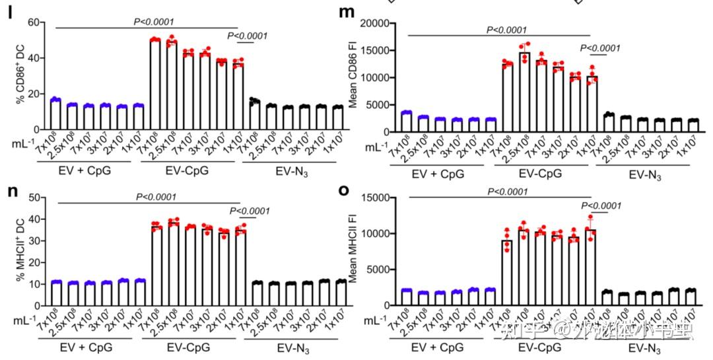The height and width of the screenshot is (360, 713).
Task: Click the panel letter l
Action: (11, 14)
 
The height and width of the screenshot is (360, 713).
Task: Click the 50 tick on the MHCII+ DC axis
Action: (41, 197)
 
